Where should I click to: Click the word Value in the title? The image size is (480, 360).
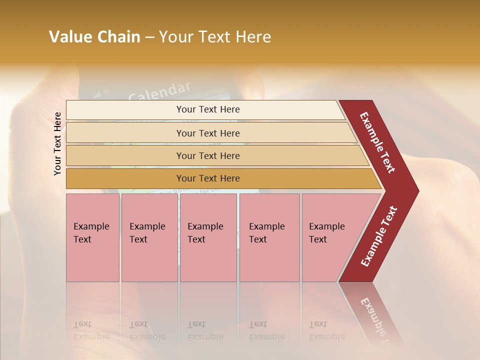pyautogui.click(x=68, y=37)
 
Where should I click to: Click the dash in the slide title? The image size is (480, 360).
pyautogui.click(x=149, y=37)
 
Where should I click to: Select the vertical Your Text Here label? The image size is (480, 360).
pyautogui.click(x=57, y=143)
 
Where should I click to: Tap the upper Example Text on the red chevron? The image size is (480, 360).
pyautogui.click(x=377, y=142)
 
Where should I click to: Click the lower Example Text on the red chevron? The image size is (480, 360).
pyautogui.click(x=378, y=236)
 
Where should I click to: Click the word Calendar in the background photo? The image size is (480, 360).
pyautogui.click(x=159, y=90)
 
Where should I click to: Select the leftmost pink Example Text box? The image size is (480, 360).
pyautogui.click(x=92, y=237)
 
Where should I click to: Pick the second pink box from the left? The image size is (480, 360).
pyautogui.click(x=149, y=237)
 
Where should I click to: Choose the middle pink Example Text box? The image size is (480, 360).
pyautogui.click(x=208, y=237)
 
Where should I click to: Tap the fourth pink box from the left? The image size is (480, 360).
pyautogui.click(x=269, y=237)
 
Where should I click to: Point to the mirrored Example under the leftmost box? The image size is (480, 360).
pyautogui.click(x=91, y=336)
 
